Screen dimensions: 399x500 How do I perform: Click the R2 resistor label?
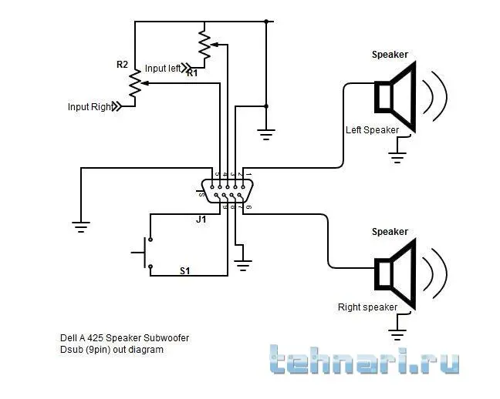coord(122,65)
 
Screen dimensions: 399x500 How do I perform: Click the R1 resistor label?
coord(192,73)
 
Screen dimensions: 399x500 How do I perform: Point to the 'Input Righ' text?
coord(89,107)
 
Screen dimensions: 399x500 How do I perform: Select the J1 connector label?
coord(201,220)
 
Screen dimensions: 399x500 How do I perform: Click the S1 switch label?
coord(185,270)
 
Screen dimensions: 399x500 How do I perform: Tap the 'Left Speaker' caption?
coord(372,129)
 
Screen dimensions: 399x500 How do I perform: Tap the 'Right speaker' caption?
coord(367,307)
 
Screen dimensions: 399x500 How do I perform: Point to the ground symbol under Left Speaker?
coord(397,159)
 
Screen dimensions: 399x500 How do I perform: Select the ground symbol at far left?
coord(80,226)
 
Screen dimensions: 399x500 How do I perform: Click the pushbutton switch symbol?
coord(144,253)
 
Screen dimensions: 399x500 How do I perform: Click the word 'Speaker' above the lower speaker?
coord(390,232)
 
